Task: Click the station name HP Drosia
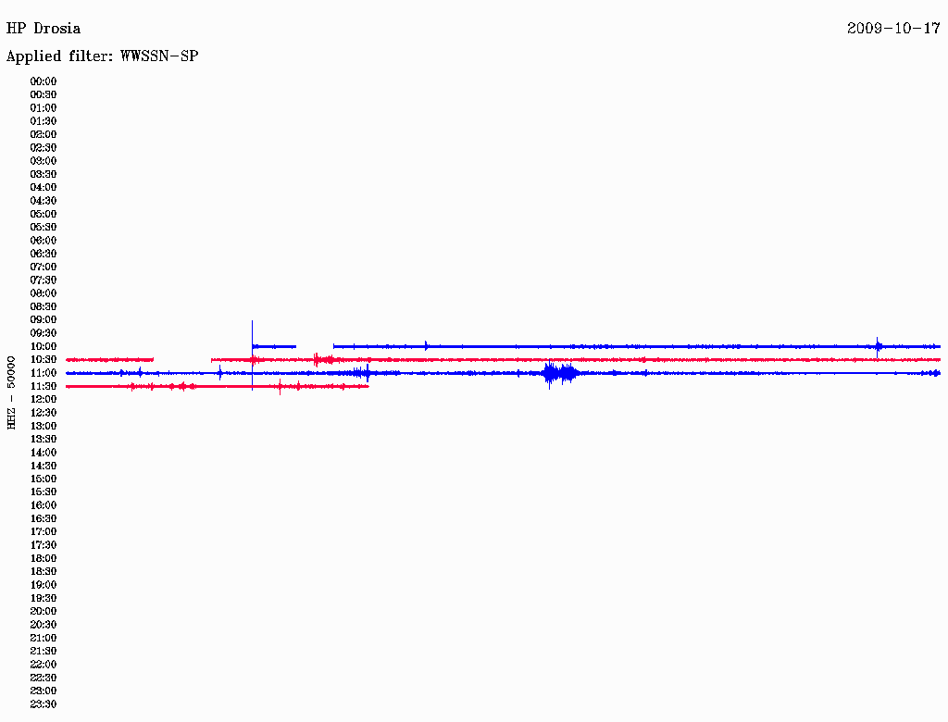(43, 29)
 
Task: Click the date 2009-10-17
(893, 29)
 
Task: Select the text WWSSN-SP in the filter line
(159, 56)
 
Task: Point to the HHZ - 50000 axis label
(11, 392)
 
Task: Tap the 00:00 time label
(44, 81)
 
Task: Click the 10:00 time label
(44, 346)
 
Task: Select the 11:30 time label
(44, 386)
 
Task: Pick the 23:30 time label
(44, 704)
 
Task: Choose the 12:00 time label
(44, 400)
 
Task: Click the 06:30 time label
(44, 254)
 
